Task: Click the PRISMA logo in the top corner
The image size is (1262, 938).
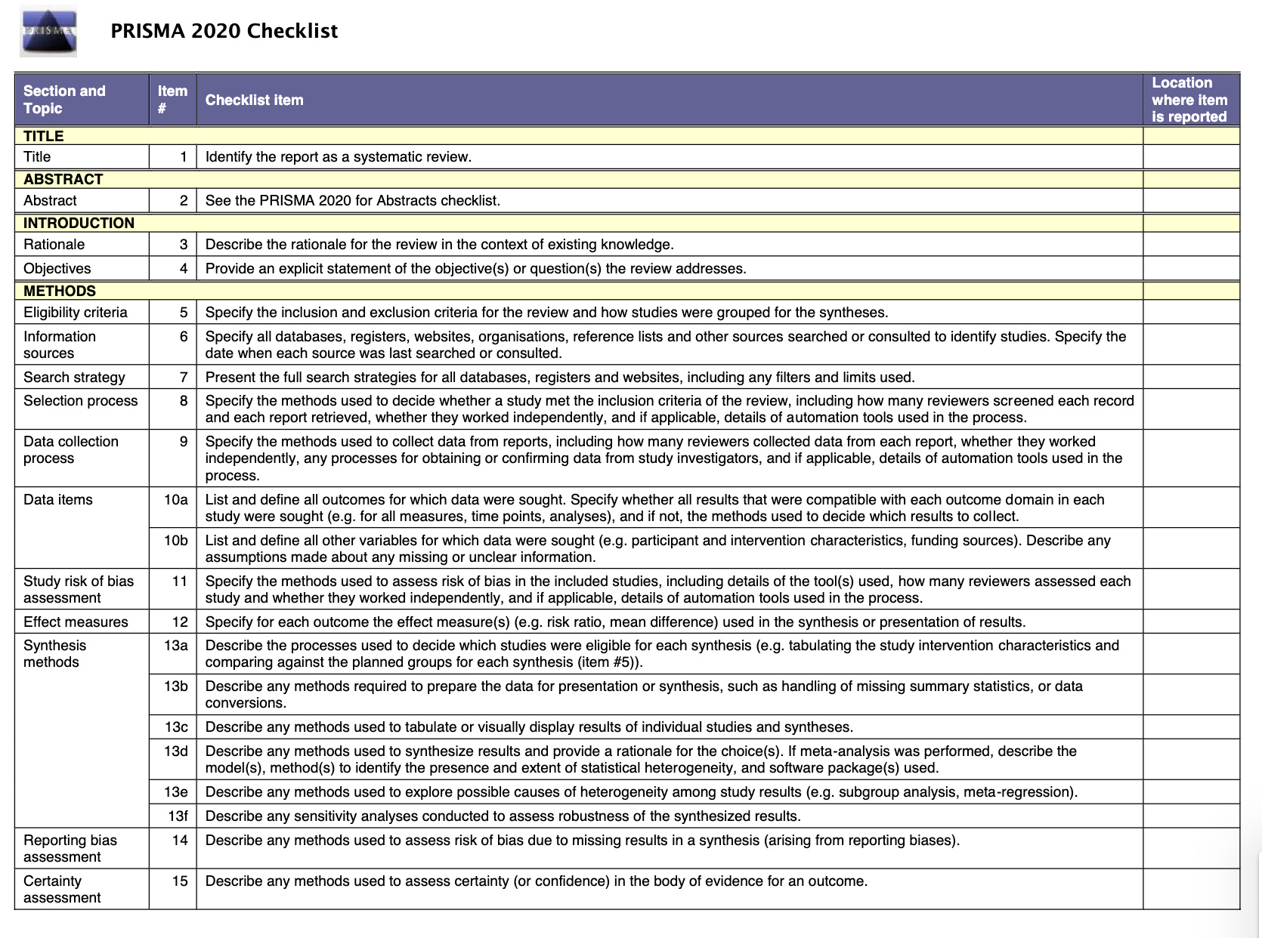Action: [48, 32]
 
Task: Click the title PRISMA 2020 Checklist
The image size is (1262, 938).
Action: [224, 31]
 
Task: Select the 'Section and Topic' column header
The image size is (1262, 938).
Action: [64, 100]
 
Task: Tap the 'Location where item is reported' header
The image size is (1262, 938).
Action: [1189, 100]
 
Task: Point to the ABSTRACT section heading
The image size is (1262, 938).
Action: [63, 179]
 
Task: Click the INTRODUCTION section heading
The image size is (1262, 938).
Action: [79, 223]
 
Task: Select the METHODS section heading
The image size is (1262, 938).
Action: [60, 291]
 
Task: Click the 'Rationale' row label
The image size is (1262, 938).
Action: [54, 244]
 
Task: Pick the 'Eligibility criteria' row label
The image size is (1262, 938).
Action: [76, 312]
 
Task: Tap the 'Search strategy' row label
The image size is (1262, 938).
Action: [74, 377]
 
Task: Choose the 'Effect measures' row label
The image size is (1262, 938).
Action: [76, 622]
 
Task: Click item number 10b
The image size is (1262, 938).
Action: [175, 540]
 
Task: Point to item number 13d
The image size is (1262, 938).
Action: [175, 751]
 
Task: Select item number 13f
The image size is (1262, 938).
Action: [178, 816]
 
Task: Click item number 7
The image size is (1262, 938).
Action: [183, 377]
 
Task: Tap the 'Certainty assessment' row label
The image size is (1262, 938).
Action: [62, 889]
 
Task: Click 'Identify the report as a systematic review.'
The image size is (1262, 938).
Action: [338, 156]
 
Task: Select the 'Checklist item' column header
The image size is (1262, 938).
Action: [254, 100]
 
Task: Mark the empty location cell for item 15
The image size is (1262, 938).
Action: [1191, 889]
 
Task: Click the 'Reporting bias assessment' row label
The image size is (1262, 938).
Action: [70, 848]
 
